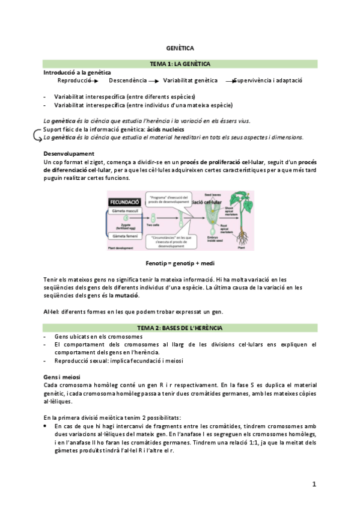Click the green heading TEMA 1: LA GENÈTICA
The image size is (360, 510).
179,64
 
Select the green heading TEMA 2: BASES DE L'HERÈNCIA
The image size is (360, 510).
179,328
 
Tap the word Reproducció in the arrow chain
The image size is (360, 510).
74,81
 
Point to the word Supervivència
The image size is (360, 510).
252,81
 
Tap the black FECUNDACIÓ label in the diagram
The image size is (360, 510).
125,202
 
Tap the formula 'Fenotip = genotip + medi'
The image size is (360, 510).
180,263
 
